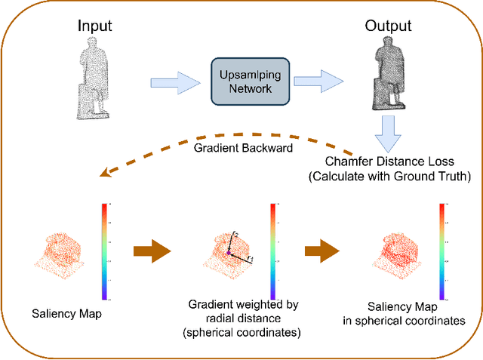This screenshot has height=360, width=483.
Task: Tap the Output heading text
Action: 389,26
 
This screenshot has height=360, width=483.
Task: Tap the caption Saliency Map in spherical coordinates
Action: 414,313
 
